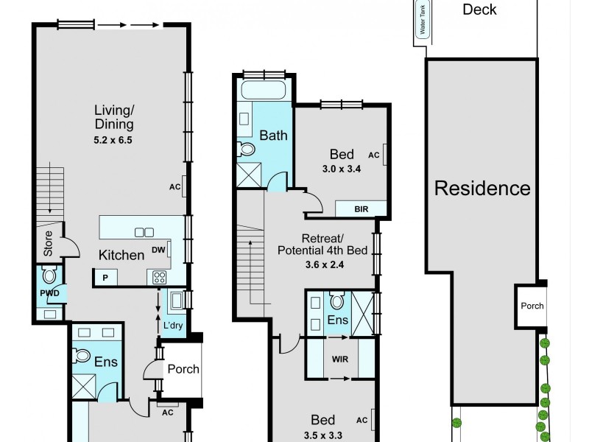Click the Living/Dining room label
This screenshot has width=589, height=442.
[x=113, y=117]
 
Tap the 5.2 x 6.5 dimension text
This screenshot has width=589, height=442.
[x=113, y=138]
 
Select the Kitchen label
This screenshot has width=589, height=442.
[x=121, y=256]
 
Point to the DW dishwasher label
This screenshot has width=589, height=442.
[x=158, y=250]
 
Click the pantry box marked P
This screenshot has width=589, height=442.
[x=105, y=278]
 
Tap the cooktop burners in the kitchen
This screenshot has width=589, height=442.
[x=158, y=277]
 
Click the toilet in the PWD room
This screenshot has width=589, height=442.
[x=50, y=276]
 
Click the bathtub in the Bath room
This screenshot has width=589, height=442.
[x=264, y=92]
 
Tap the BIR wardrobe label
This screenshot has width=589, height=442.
[x=361, y=209]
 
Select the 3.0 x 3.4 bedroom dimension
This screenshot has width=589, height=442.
[x=341, y=169]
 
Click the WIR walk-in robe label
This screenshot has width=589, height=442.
[x=339, y=359]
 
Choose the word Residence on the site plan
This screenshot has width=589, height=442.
[x=482, y=188]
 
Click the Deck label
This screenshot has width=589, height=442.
[x=479, y=10]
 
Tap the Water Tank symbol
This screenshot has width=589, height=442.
[x=423, y=27]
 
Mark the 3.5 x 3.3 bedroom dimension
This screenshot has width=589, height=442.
[x=322, y=434]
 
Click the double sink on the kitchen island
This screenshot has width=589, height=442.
[x=144, y=232]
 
